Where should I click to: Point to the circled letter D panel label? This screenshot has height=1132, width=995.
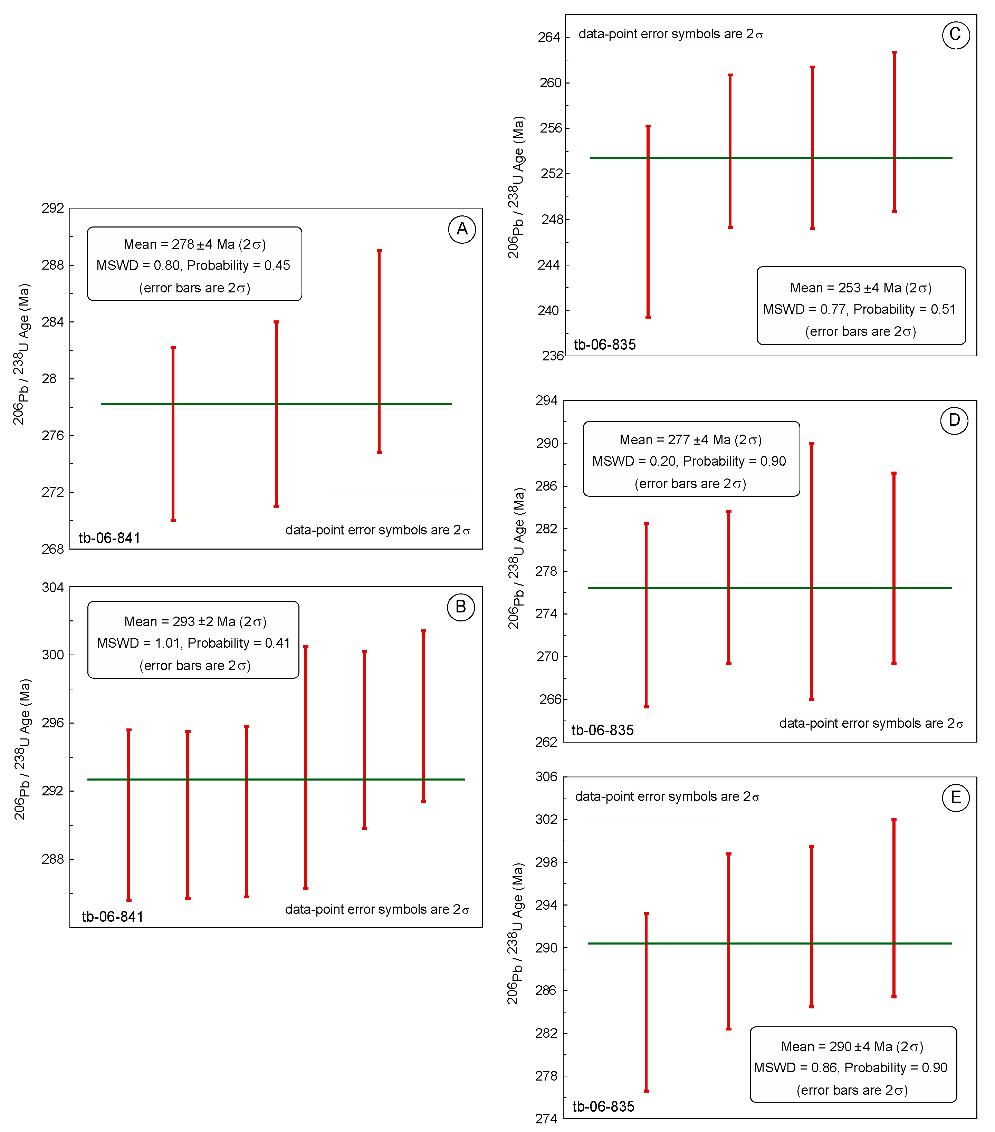954,420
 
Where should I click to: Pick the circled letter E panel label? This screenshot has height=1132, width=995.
955,797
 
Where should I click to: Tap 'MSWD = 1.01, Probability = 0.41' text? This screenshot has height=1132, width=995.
193,643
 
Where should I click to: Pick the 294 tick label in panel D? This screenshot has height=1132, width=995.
546,400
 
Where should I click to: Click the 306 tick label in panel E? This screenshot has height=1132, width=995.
546,777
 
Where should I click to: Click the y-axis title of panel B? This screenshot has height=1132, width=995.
22,749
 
